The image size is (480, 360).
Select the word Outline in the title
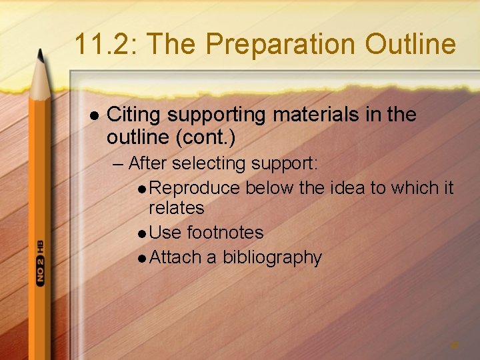point(410,45)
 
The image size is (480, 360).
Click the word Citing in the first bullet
point(133,115)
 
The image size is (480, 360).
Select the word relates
point(176,208)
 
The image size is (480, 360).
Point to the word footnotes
point(225,233)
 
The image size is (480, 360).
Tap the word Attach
point(175,257)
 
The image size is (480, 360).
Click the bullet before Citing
point(94,115)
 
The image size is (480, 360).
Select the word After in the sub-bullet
point(146,163)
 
